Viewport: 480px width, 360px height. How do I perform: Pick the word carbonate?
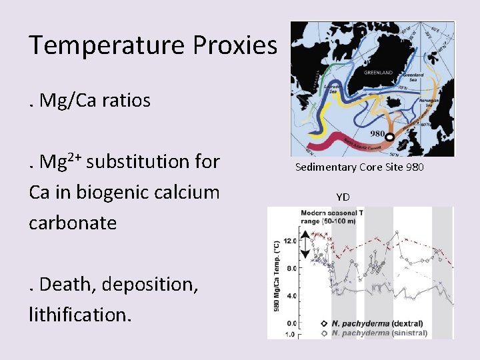click(x=73, y=223)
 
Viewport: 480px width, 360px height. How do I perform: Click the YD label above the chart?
click(x=343, y=197)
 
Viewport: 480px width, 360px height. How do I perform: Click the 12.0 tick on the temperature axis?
click(x=289, y=241)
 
